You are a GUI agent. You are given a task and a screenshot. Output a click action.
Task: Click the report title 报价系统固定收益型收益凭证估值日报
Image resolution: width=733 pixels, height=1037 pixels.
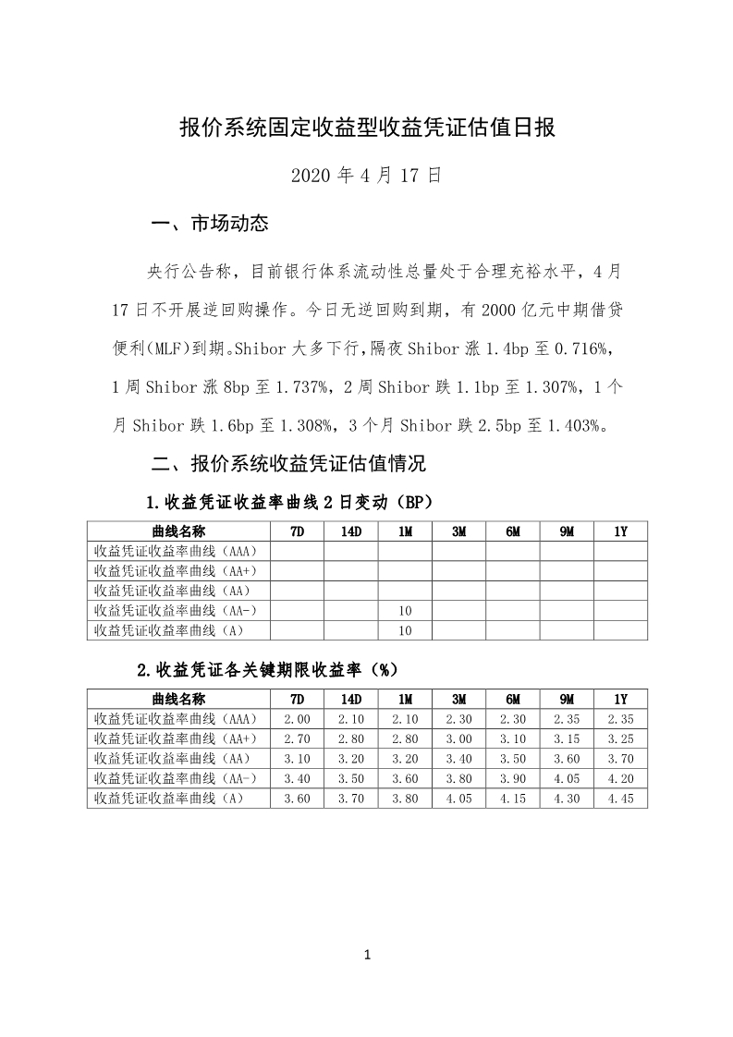click(367, 128)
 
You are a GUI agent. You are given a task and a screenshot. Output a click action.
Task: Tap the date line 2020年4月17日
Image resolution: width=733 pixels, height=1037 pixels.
click(366, 176)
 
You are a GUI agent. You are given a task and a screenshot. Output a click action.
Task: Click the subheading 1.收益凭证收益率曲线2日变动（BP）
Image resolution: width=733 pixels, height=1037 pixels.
click(289, 503)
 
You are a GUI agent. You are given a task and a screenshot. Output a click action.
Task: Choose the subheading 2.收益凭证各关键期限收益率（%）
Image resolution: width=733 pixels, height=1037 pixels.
click(268, 669)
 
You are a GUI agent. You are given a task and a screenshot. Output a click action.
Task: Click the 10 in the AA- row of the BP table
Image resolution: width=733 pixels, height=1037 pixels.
click(405, 610)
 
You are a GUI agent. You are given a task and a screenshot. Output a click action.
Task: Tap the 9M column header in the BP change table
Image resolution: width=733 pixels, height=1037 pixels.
click(567, 531)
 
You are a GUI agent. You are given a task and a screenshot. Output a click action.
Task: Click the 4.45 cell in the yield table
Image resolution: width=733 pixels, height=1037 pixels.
click(620, 799)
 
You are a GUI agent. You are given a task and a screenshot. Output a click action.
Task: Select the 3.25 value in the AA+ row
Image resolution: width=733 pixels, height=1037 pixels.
click(620, 738)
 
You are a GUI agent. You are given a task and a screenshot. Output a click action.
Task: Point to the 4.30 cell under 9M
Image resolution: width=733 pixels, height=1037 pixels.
click(567, 799)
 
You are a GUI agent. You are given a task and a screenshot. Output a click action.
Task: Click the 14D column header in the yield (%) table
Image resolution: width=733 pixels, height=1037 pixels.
click(350, 699)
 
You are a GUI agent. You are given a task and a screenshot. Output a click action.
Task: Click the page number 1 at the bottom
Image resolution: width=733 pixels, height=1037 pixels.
click(367, 955)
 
